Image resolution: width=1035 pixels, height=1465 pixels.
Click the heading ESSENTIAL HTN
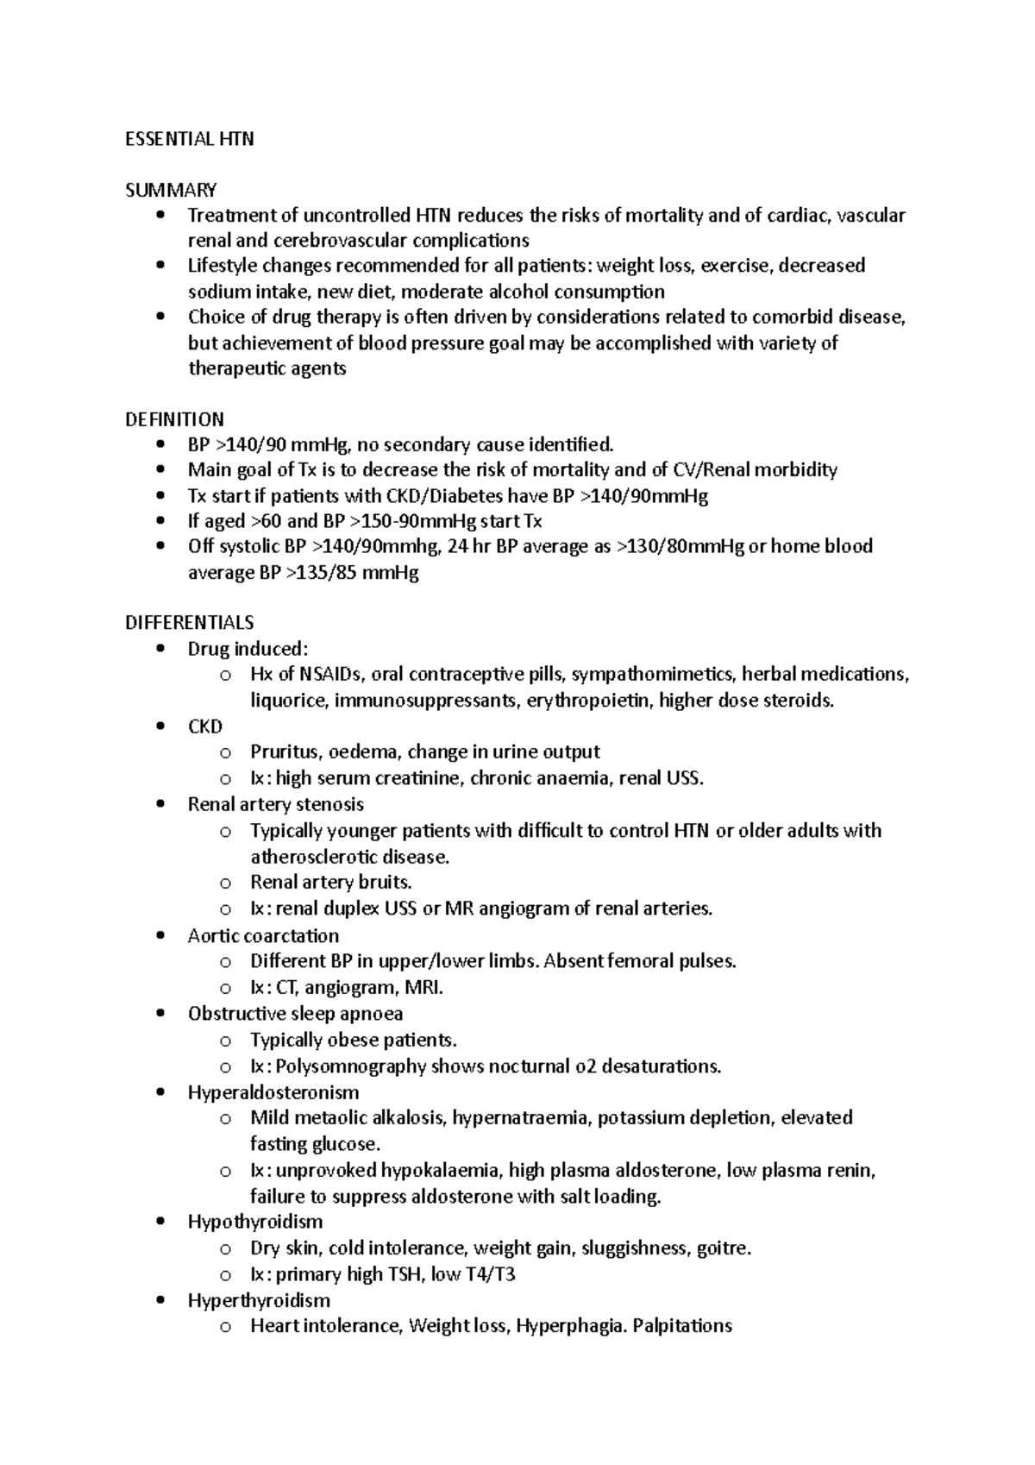[x=189, y=139]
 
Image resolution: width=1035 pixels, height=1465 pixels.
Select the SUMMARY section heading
[x=171, y=190]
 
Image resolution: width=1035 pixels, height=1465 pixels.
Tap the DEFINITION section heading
[x=174, y=419]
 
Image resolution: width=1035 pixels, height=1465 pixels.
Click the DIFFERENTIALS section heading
[x=189, y=622]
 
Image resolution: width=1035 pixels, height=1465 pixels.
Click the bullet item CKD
[x=205, y=726]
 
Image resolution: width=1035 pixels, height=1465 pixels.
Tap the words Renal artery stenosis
[x=275, y=804]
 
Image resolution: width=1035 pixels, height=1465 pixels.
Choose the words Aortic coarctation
[x=263, y=936]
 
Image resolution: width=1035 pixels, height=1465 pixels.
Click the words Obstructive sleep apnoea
[x=295, y=1014]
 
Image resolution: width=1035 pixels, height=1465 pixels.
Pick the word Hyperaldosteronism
[x=273, y=1092]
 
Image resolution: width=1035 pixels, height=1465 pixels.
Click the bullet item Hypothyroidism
[x=255, y=1222]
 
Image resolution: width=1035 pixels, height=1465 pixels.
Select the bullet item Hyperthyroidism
[x=259, y=1300]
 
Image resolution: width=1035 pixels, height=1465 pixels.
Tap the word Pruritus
[x=282, y=751]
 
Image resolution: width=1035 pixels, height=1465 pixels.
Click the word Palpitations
[x=682, y=1326]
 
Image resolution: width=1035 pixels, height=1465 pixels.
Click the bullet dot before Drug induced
[x=161, y=650]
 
